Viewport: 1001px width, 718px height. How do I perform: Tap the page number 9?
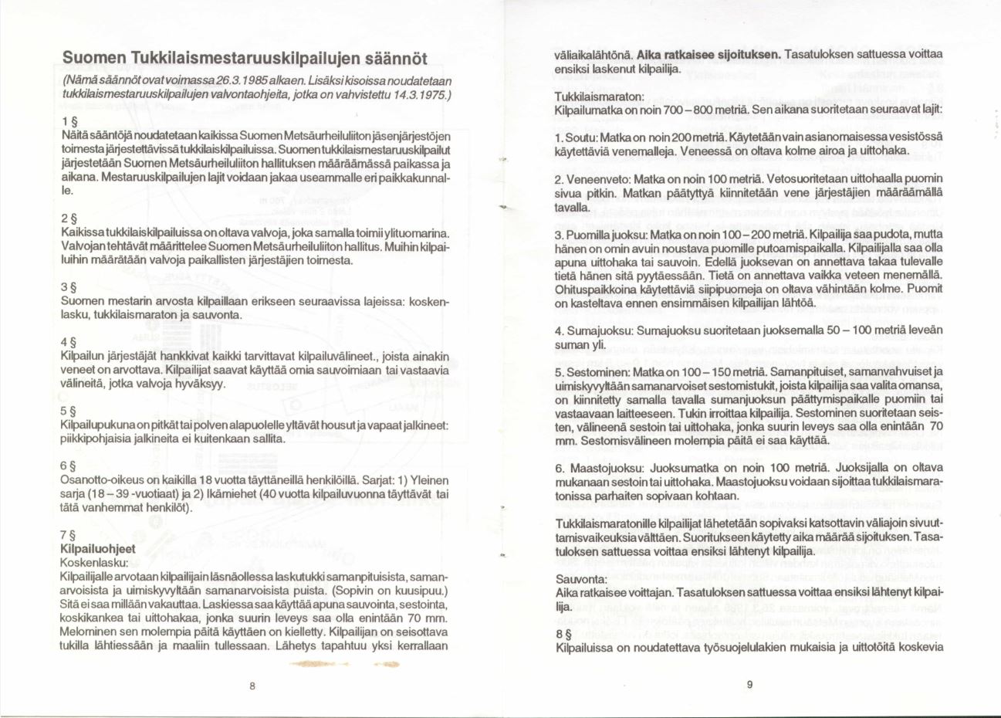click(x=749, y=684)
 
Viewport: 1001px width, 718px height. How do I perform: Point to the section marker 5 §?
click(x=68, y=412)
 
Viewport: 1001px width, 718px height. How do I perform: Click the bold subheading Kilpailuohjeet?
click(x=97, y=549)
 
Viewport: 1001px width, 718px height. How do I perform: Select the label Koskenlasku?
click(x=94, y=563)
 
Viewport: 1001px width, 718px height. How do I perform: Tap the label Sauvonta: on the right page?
click(x=581, y=578)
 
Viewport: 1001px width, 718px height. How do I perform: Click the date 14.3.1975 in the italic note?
click(x=415, y=94)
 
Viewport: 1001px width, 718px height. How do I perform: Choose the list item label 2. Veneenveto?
click(x=590, y=178)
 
